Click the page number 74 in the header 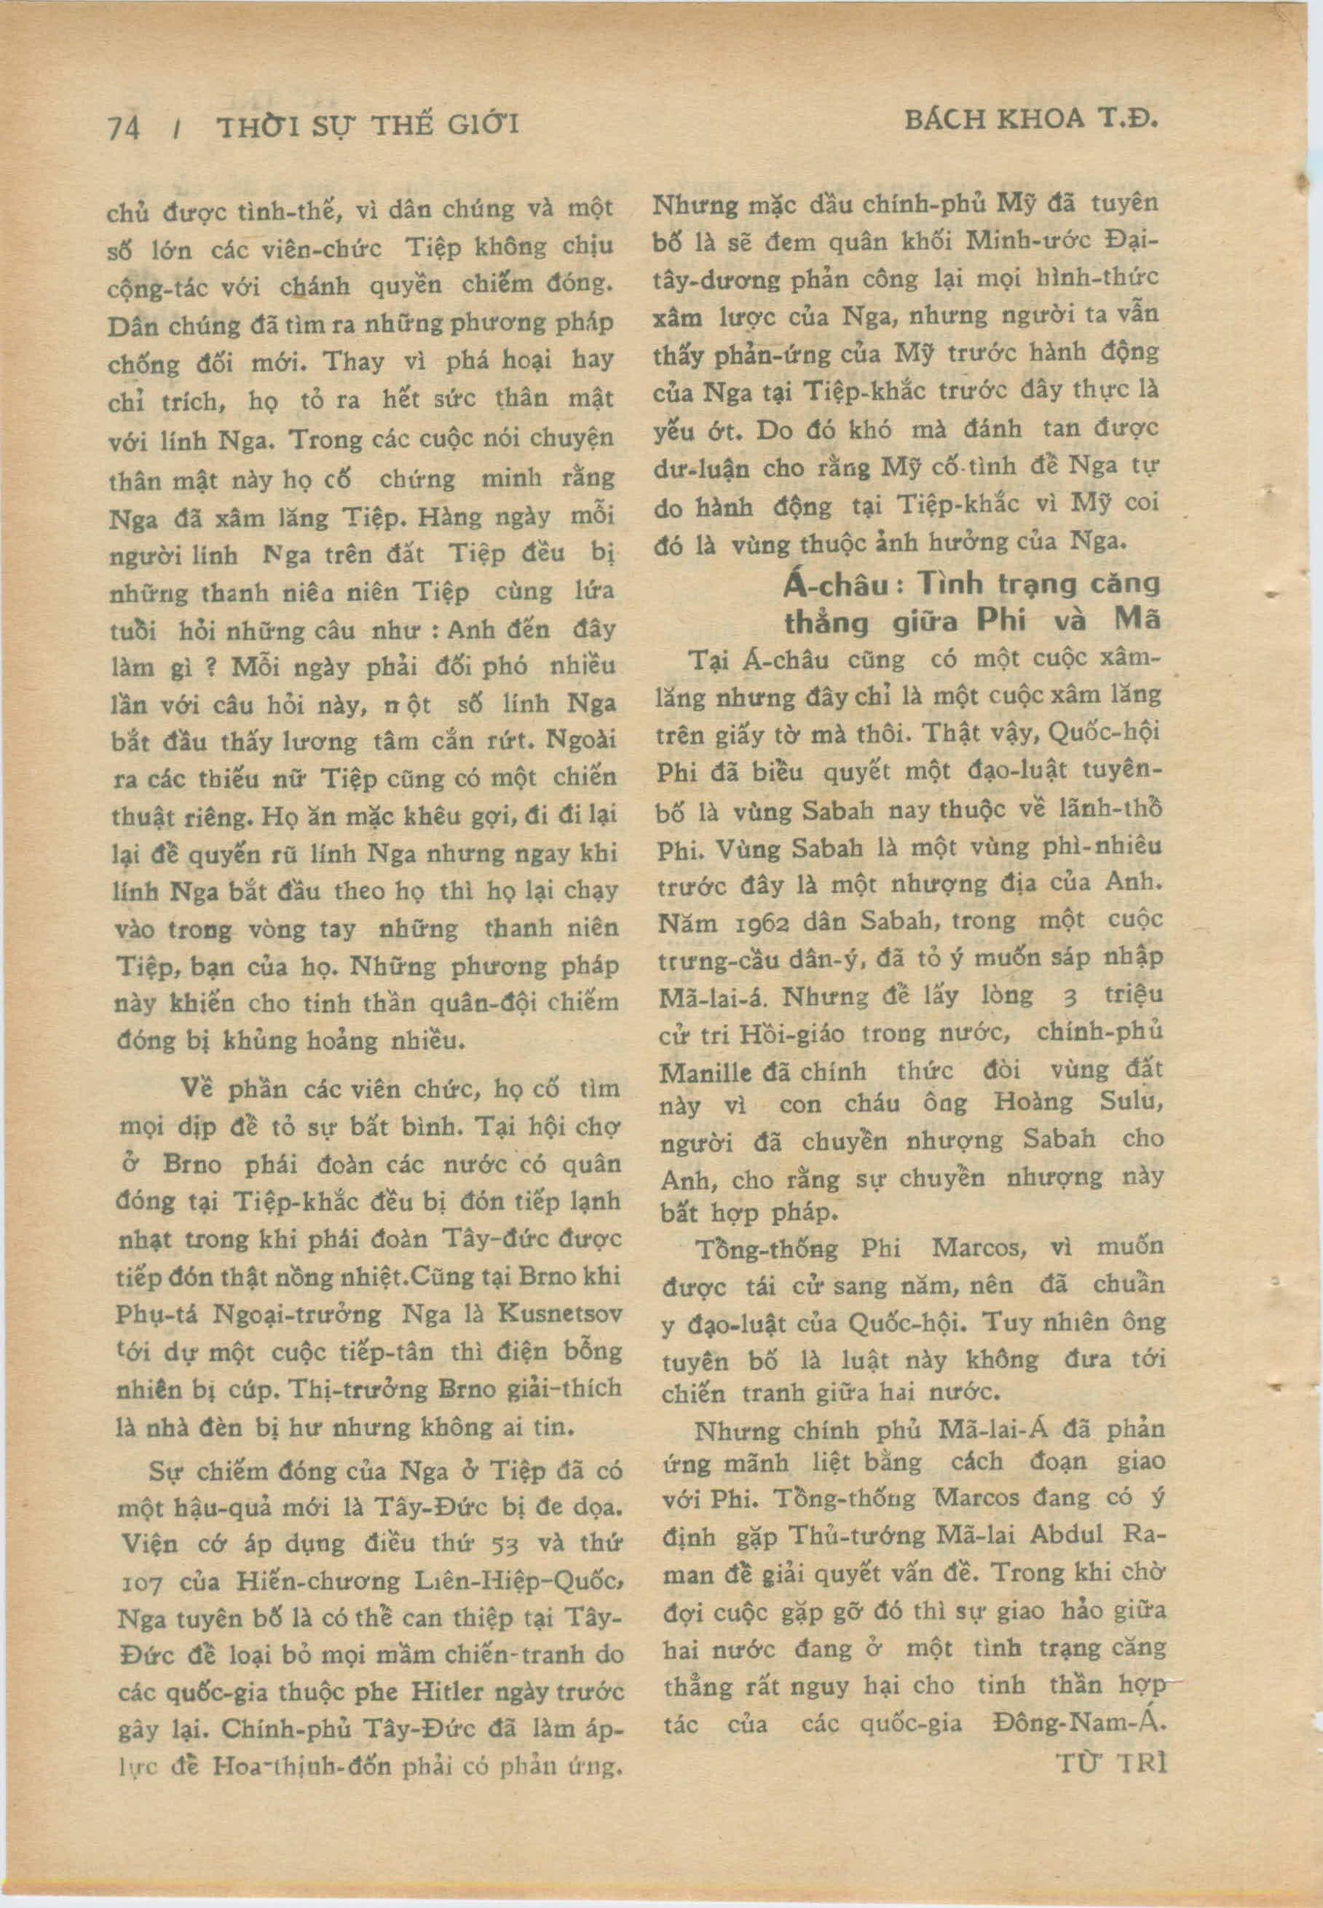click(x=125, y=127)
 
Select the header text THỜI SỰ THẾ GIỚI click(x=367, y=126)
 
